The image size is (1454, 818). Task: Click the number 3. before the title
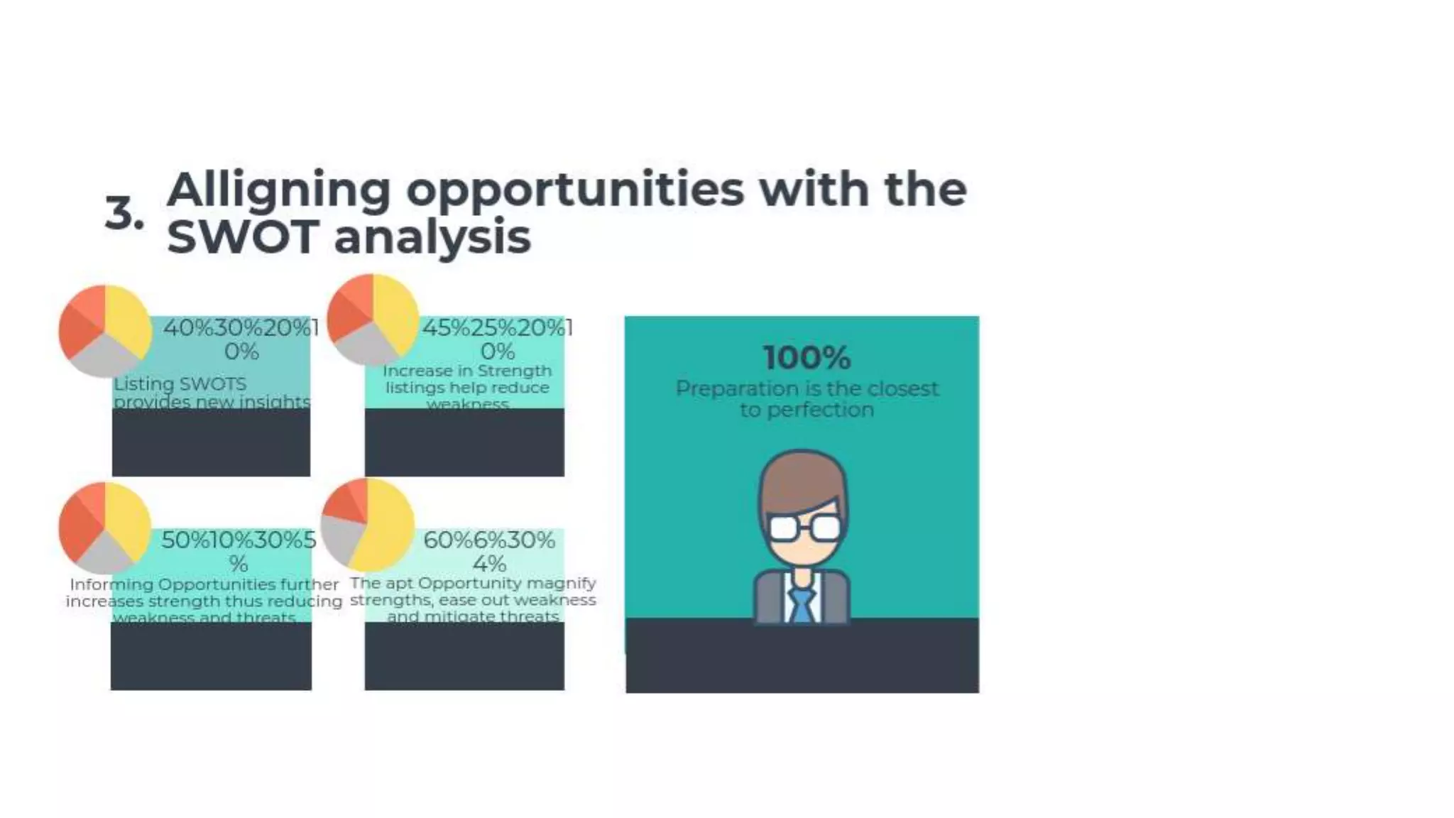click(x=124, y=212)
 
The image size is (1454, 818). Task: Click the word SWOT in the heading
click(x=241, y=237)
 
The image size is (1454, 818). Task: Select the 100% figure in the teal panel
click(x=807, y=357)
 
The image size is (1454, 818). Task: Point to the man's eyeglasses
click(x=804, y=528)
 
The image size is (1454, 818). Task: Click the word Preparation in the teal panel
click(x=736, y=388)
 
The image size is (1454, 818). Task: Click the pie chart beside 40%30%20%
click(x=105, y=331)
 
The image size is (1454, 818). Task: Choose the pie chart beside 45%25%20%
click(x=373, y=320)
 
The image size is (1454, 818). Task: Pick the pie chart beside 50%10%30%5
click(x=105, y=528)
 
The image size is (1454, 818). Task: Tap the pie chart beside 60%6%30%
click(x=367, y=525)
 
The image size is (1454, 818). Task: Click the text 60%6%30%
click(x=488, y=540)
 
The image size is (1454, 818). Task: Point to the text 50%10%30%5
click(x=239, y=540)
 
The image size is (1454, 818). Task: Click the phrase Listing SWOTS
click(x=180, y=384)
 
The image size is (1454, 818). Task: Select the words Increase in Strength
click(x=467, y=371)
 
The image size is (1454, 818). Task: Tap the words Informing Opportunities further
click(x=204, y=584)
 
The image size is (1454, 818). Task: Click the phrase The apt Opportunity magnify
click(x=473, y=583)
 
